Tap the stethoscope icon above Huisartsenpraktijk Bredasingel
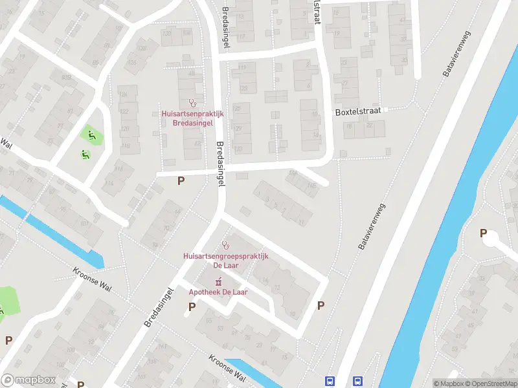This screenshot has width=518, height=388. tap(192, 102)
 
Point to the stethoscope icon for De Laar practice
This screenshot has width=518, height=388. tap(225, 244)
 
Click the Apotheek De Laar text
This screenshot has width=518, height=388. tap(218, 292)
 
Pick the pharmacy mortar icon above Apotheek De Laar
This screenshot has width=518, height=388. tap(218, 281)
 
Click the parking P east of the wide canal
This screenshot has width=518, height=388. tap(482, 233)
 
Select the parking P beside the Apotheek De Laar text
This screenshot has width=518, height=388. tap(192, 307)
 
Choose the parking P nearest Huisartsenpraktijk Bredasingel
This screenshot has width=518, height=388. tap(181, 181)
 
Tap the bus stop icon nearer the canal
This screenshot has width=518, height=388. tap(357, 382)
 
